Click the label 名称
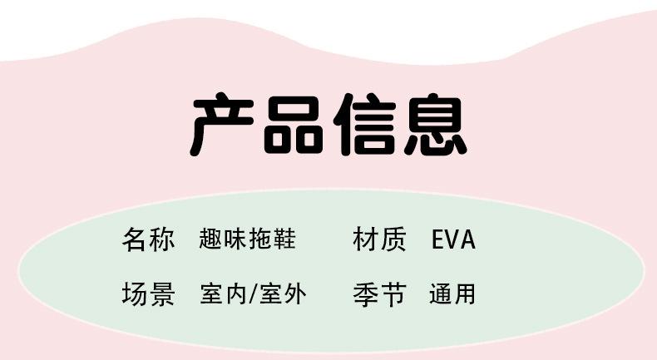point(149,240)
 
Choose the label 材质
point(380,240)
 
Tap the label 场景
point(149,293)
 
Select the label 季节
point(380,293)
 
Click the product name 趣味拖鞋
point(248,240)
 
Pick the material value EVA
point(453,240)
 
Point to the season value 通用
point(452,293)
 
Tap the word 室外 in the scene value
point(283,293)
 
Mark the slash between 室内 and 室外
point(254,293)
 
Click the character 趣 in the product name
point(211,240)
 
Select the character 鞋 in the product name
point(284,240)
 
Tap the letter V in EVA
point(453,240)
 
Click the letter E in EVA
point(439,240)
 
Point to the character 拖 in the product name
point(260,240)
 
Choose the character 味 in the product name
point(235,240)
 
